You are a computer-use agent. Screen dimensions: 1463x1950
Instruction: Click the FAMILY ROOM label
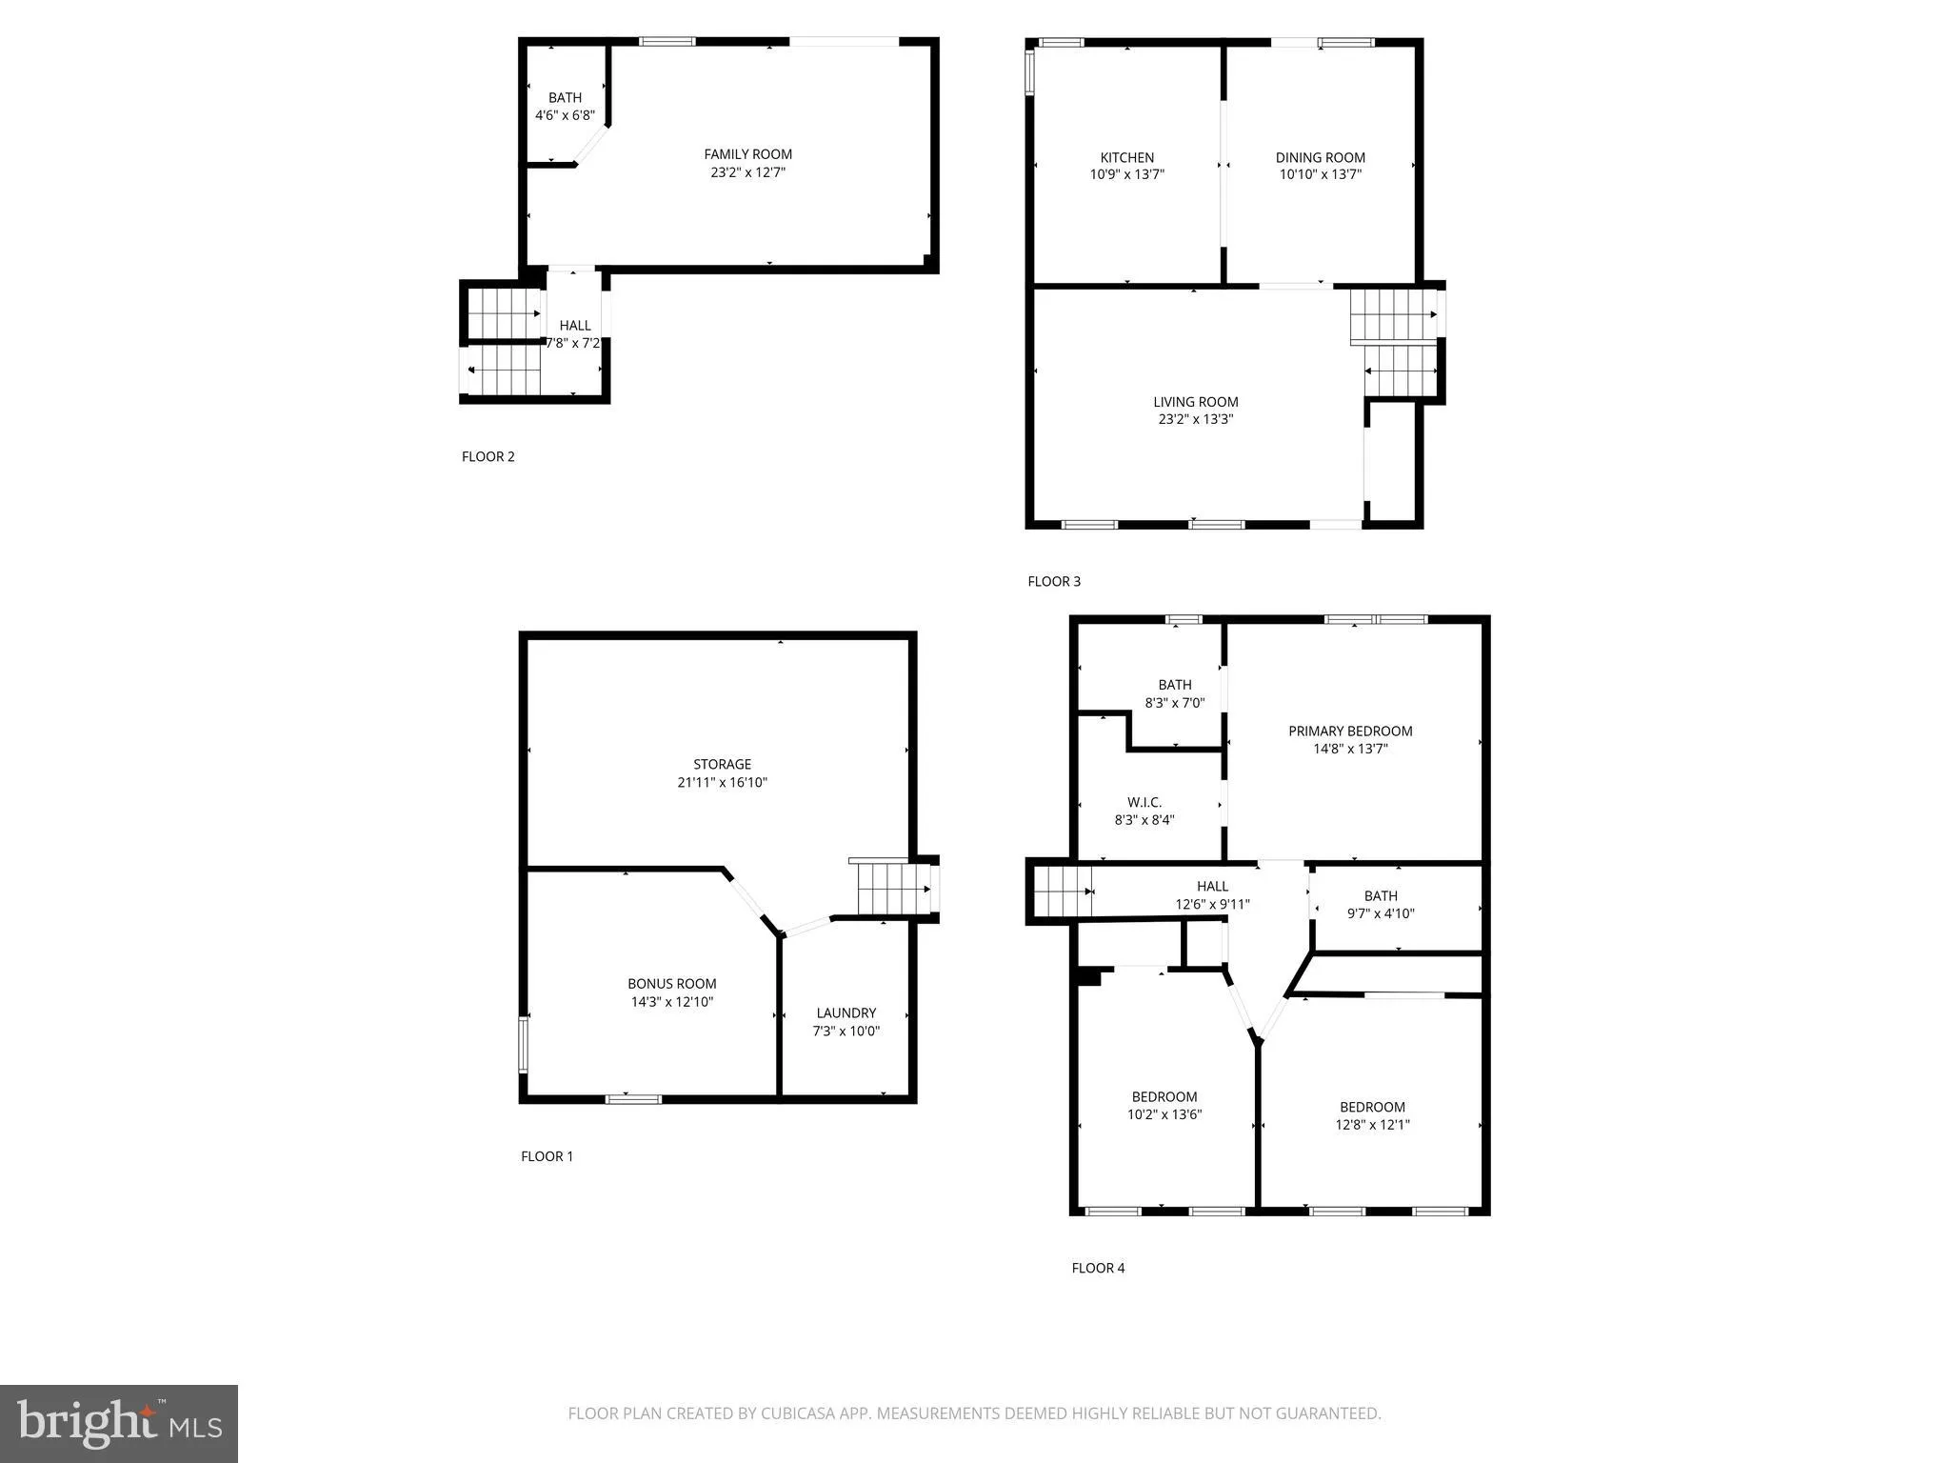pos(747,154)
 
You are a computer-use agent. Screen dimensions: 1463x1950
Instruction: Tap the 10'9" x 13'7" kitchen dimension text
pos(1126,175)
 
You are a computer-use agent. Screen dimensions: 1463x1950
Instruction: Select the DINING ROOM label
pos(1320,157)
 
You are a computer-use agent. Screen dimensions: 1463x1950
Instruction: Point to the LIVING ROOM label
pos(1195,402)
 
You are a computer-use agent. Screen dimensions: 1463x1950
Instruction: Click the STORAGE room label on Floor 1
pos(722,764)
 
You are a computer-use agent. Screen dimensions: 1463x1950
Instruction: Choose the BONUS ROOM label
pos(671,984)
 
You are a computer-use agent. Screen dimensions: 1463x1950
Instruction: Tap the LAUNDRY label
pos(846,1013)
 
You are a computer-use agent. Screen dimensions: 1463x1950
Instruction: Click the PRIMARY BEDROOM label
pos(1350,731)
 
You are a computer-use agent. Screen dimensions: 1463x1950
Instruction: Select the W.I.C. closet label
pos(1144,802)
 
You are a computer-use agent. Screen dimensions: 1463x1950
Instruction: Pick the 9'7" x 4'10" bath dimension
pos(1381,914)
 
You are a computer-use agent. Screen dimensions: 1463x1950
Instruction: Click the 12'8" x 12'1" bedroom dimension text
pos(1372,1125)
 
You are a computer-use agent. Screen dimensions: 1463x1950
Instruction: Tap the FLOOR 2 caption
pos(487,457)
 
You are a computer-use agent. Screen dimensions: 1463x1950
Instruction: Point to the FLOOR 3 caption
pos(1054,582)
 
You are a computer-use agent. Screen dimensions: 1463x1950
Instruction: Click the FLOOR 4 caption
pos(1098,1269)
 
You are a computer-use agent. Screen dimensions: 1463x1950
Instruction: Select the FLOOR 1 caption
pos(547,1157)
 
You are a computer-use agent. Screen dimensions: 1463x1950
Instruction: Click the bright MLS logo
pos(119,1424)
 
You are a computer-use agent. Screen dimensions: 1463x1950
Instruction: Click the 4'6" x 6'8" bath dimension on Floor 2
pos(565,116)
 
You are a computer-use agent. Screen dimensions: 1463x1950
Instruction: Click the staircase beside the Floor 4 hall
pos(1062,892)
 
